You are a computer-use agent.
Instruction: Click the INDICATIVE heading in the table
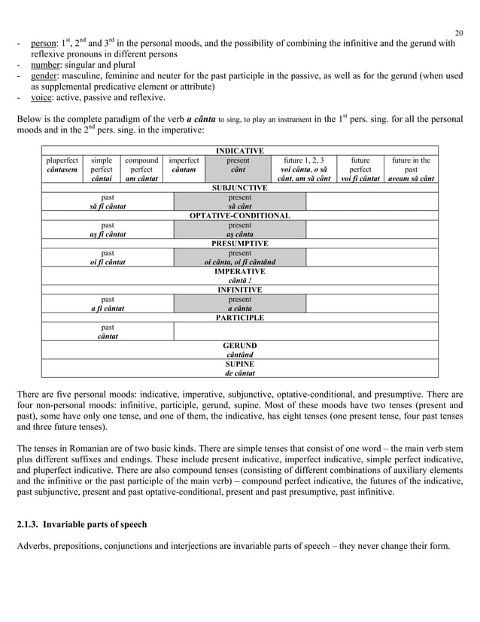pyautogui.click(x=239, y=151)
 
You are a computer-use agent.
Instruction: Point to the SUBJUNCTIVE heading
pyautogui.click(x=239, y=187)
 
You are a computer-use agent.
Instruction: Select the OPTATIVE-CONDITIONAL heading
pyautogui.click(x=239, y=215)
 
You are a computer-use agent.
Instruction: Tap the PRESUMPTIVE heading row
pyautogui.click(x=239, y=243)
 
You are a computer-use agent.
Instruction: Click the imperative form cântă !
pyautogui.click(x=239, y=280)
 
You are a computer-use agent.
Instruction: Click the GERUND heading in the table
pyautogui.click(x=239, y=345)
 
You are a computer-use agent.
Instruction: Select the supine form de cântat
pyautogui.click(x=239, y=372)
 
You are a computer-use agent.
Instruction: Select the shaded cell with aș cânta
pyautogui.click(x=239, y=234)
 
